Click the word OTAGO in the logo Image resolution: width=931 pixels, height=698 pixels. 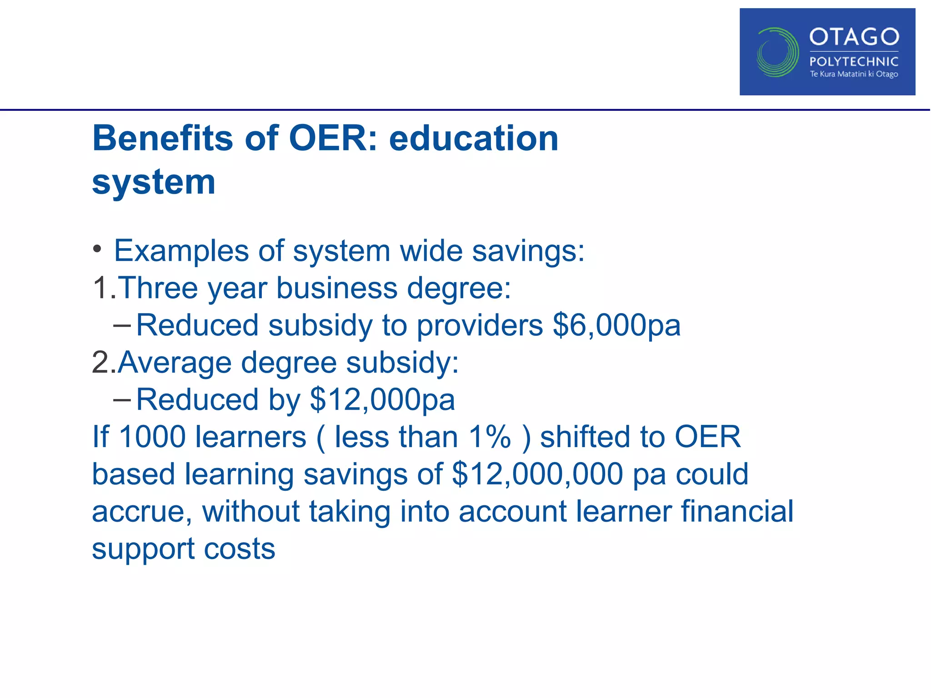tap(854, 37)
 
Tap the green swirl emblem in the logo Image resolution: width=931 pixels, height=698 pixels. tap(777, 52)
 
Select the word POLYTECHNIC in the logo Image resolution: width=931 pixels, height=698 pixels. tap(854, 62)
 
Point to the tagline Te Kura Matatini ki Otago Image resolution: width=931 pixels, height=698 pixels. tap(854, 74)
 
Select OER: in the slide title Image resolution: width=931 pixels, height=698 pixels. tap(333, 138)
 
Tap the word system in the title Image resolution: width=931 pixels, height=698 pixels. tap(154, 182)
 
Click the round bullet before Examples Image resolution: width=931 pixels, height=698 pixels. tap(97, 249)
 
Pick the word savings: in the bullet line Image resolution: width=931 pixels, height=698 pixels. tap(528, 251)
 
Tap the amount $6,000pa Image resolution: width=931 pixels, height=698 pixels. tap(616, 325)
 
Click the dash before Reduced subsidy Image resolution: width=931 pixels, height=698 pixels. tap(122, 325)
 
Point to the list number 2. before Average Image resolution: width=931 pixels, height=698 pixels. tap(103, 363)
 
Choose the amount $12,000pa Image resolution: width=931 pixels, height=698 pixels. tap(382, 400)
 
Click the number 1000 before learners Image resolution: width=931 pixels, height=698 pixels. tap(152, 437)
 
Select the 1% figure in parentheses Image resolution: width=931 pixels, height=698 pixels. tap(490, 437)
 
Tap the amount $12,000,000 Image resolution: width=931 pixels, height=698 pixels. tap(537, 474)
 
